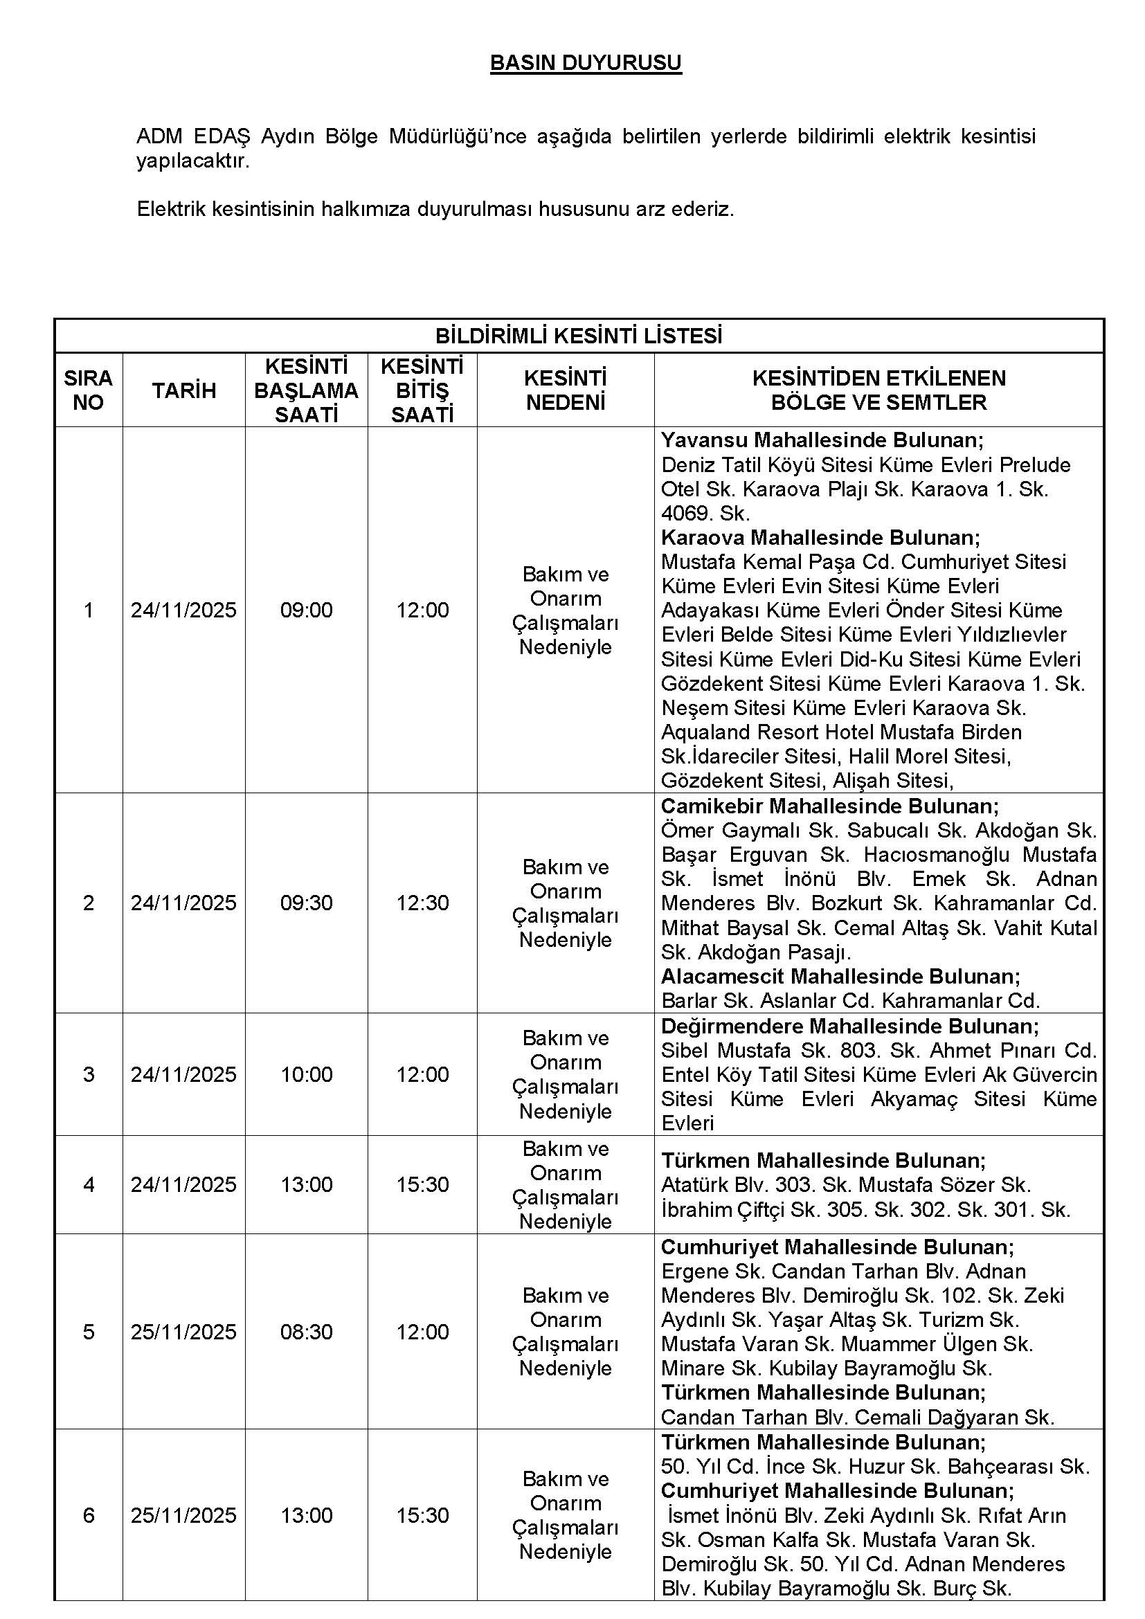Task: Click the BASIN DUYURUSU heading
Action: (x=585, y=64)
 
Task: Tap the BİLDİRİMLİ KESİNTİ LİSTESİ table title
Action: (x=578, y=336)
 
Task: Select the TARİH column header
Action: (x=184, y=390)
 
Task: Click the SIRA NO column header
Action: (x=88, y=390)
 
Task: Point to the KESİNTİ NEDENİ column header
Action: (x=566, y=390)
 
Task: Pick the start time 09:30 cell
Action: (x=306, y=903)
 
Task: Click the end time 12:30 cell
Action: (x=422, y=903)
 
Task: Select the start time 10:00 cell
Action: (x=306, y=1074)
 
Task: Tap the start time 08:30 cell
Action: (x=306, y=1331)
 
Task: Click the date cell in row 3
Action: (x=183, y=1074)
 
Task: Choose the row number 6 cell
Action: (x=88, y=1514)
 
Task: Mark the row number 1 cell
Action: (x=88, y=610)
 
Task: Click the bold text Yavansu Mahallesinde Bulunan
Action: (x=822, y=441)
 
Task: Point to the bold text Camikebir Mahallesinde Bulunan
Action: (x=829, y=806)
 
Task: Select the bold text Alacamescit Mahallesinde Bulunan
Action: (x=840, y=977)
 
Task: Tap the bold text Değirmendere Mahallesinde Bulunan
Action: (x=849, y=1026)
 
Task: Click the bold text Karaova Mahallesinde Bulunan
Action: (x=820, y=538)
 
